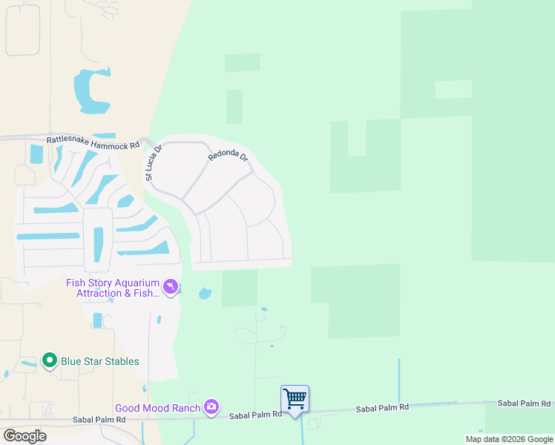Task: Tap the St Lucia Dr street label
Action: (151, 163)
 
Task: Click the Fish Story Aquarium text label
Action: (113, 288)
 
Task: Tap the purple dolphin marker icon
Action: (171, 287)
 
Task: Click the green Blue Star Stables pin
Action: (50, 361)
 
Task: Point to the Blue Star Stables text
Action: (99, 362)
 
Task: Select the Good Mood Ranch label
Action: (157, 408)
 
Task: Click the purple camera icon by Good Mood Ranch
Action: (211, 406)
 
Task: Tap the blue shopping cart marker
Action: (295, 399)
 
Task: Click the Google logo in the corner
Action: (24, 436)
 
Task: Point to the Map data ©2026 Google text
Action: (509, 439)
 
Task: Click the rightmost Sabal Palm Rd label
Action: (524, 403)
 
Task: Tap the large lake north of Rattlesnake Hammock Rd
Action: (89, 91)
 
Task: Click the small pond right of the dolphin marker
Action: (206, 294)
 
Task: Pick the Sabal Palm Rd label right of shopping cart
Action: (382, 409)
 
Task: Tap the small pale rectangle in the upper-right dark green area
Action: (453, 89)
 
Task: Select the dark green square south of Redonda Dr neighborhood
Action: (240, 288)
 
